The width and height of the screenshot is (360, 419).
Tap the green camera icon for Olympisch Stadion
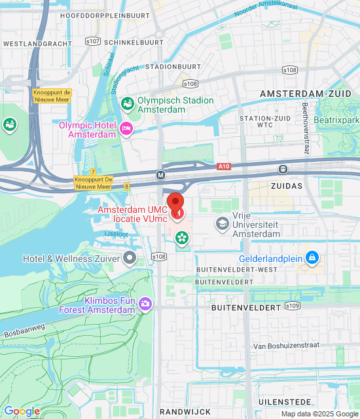[x=127, y=103]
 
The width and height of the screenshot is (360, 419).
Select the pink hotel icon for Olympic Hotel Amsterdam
[x=127, y=129]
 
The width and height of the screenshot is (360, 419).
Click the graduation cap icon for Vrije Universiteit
[x=223, y=225]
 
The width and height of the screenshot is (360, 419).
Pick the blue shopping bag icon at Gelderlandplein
[x=312, y=258]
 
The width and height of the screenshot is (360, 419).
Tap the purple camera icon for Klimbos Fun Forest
[x=145, y=303]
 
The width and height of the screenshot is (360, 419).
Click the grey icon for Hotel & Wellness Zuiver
[x=130, y=258]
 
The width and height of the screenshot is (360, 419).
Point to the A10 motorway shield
[x=224, y=167]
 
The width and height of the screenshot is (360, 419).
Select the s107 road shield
[x=93, y=41]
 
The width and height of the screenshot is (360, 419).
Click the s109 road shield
[x=293, y=306]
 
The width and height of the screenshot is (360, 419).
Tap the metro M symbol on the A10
[x=160, y=175]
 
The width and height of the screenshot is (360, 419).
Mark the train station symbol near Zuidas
[x=283, y=169]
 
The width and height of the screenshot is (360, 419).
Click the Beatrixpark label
[x=336, y=120]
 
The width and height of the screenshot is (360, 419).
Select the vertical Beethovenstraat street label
[x=305, y=128]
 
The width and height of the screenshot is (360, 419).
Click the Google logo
[x=22, y=411]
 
